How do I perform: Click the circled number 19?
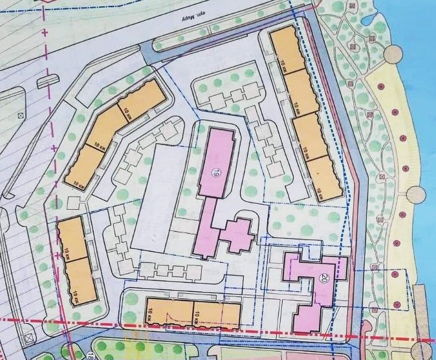coord(216,172)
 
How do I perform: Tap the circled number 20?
coord(323,279)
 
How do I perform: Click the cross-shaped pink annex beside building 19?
coord(238,234)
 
